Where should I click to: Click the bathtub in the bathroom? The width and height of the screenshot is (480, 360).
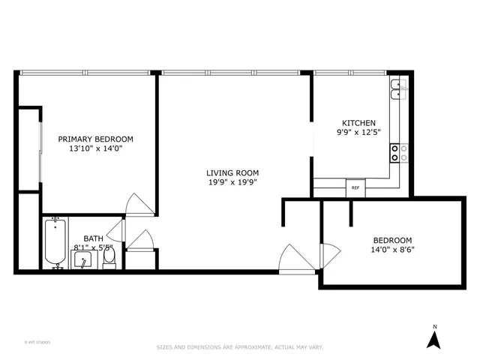coord(55,242)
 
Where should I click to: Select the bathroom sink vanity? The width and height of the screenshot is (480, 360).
coord(82,259)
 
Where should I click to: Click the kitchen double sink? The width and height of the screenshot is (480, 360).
coord(398,90)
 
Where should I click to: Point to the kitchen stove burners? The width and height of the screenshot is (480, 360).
coord(398,153)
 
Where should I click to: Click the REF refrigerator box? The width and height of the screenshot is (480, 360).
coord(355,187)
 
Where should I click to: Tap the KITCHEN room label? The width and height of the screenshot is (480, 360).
coord(359,123)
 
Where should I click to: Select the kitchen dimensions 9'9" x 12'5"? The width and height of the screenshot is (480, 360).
coord(359,132)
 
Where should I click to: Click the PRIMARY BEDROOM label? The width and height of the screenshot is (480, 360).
coord(96,139)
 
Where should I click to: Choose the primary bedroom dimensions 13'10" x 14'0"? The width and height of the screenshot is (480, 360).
coord(96,148)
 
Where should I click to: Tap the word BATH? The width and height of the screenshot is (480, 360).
coord(93,238)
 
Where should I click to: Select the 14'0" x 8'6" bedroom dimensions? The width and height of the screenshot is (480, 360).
coord(393,250)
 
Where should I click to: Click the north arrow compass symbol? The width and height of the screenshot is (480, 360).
coord(433,340)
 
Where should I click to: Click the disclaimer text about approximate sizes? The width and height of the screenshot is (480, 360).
coord(239,347)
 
